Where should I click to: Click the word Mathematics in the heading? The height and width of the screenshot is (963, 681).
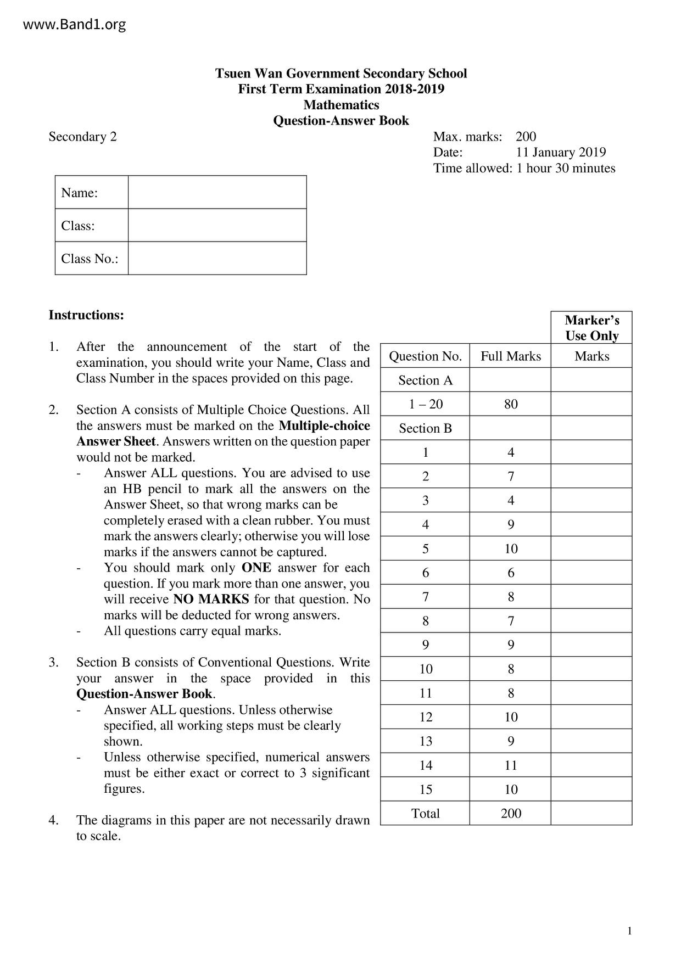341,105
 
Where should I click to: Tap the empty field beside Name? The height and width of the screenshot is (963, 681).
217,193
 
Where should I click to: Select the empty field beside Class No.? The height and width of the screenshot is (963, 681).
217,258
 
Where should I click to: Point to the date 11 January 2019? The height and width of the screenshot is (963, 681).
561,152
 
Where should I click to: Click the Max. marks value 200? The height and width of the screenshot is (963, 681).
526,137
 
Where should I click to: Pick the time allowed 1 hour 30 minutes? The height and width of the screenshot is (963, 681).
566,168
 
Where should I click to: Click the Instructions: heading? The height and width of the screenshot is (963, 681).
86,315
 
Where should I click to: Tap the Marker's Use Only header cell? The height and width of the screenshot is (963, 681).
591,328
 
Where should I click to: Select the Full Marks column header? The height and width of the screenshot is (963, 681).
511,356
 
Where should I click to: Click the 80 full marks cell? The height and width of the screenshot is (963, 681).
511,404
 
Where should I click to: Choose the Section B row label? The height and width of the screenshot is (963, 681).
425,428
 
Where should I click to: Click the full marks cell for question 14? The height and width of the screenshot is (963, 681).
511,765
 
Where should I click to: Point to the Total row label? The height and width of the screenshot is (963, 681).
425,813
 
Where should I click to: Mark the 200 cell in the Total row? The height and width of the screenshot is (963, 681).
511,813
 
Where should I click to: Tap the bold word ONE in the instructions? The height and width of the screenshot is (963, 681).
256,568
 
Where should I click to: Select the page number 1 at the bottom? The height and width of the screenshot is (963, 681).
629,931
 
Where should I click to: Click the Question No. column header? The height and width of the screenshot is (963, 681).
425,356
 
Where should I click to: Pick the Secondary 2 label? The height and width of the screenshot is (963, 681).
82,137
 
